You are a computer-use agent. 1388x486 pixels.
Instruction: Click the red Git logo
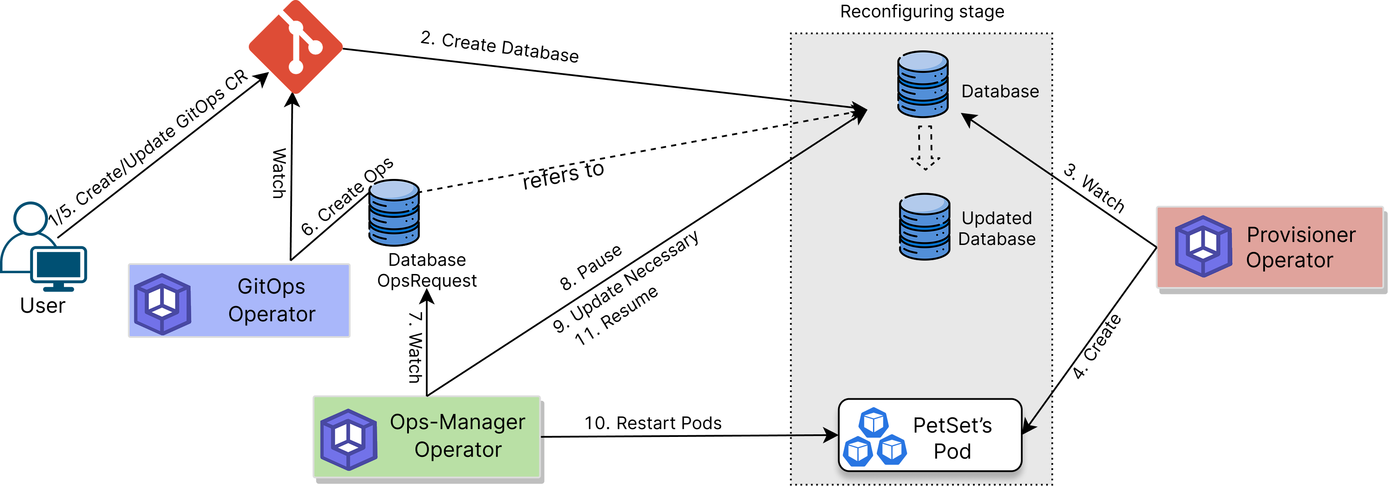pyautogui.click(x=295, y=47)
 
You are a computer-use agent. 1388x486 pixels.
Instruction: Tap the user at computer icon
pyautogui.click(x=43, y=247)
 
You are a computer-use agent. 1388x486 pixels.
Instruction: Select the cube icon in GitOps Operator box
pyautogui.click(x=162, y=304)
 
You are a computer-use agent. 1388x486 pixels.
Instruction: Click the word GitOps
pyautogui.click(x=271, y=286)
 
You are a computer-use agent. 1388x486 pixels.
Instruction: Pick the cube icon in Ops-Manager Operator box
pyautogui.click(x=348, y=439)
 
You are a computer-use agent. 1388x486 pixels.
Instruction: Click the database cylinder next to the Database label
pyautogui.click(x=923, y=85)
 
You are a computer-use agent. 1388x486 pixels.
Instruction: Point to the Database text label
pyautogui.click(x=1000, y=92)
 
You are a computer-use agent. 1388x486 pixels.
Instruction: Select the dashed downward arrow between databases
pyautogui.click(x=925, y=148)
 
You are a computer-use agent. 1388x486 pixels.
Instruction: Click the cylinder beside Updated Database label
pyautogui.click(x=924, y=227)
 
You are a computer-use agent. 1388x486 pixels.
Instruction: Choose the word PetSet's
pyautogui.click(x=952, y=425)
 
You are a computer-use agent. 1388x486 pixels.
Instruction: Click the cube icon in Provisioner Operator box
pyautogui.click(x=1203, y=247)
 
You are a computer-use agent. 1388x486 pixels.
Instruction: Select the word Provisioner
pyautogui.click(x=1301, y=235)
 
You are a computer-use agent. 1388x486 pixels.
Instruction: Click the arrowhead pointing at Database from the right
pyautogui.click(x=968, y=119)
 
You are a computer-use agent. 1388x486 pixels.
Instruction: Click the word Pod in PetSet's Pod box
pyautogui.click(x=952, y=451)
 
